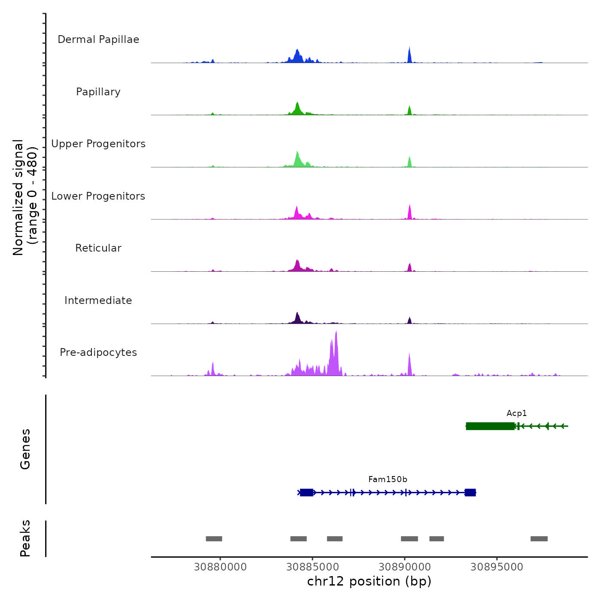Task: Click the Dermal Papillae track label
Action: point(98,39)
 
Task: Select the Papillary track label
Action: point(98,92)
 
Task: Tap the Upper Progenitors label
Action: point(98,144)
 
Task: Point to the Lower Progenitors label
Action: point(98,196)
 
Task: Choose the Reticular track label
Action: point(98,248)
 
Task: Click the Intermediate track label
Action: point(98,300)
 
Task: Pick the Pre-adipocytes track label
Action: point(98,352)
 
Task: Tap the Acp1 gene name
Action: point(516,413)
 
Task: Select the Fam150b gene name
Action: point(388,480)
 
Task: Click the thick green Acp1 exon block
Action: point(490,426)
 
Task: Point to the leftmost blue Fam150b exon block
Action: point(307,492)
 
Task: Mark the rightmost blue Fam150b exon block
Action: point(470,492)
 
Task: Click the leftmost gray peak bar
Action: point(214,539)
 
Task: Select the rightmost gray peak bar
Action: point(539,539)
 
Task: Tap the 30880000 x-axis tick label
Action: point(220,567)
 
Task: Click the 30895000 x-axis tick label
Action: point(497,567)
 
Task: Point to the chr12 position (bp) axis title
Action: point(369,581)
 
